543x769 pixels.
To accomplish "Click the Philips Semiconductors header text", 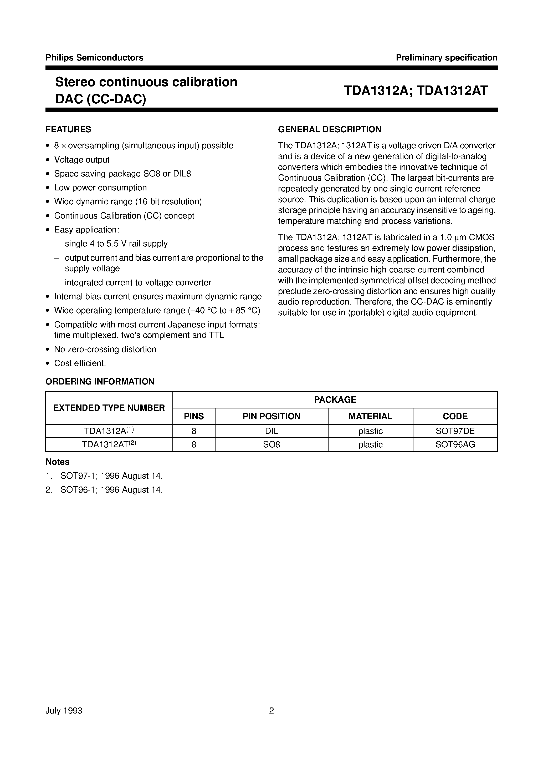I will [x=94, y=58].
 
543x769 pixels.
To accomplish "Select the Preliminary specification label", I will [x=446, y=58].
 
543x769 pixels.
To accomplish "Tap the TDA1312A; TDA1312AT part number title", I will [x=416, y=90].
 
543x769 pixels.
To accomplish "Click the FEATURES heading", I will [x=68, y=129].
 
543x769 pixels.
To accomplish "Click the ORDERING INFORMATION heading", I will [x=100, y=382].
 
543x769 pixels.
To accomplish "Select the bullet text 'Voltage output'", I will [x=82, y=160].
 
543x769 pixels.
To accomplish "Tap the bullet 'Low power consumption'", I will [x=100, y=188].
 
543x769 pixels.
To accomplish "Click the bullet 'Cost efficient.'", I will [x=80, y=363].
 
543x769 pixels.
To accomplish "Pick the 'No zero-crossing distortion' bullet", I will [x=105, y=349].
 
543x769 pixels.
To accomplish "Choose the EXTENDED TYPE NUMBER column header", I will [x=109, y=408].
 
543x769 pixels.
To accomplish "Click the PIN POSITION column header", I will [x=271, y=416].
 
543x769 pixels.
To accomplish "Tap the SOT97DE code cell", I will [x=455, y=431].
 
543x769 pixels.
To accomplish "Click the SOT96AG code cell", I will [x=455, y=444].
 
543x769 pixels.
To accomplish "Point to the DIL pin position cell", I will [x=271, y=431].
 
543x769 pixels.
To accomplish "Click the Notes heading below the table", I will [x=57, y=462].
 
